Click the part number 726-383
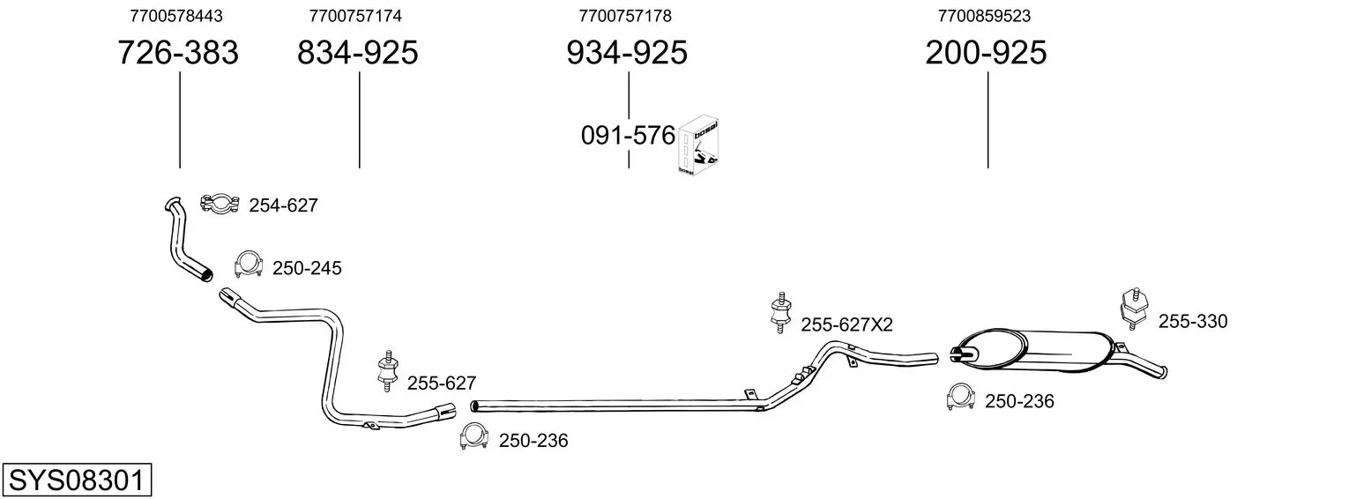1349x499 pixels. pyautogui.click(x=178, y=52)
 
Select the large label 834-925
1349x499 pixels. pyautogui.click(x=358, y=52)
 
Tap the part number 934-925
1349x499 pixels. pyautogui.click(x=627, y=52)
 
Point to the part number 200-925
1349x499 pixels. pyautogui.click(x=986, y=52)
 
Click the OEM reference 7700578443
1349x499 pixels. pyautogui.click(x=176, y=16)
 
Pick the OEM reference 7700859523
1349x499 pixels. pyautogui.click(x=984, y=16)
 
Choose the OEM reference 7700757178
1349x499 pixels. pyautogui.click(x=625, y=16)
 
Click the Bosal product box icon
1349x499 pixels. pyautogui.click(x=698, y=145)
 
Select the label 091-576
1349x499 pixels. pyautogui.click(x=628, y=136)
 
